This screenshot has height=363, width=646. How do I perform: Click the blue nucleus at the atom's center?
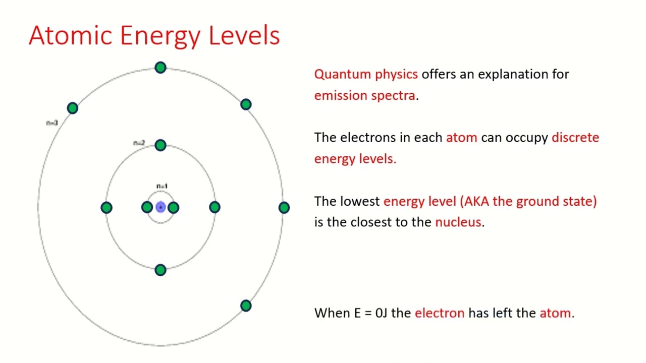tap(160, 207)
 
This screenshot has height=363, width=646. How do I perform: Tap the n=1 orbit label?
tap(161, 187)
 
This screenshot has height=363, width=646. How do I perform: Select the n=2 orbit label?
tap(139, 143)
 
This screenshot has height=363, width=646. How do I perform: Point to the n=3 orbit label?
tap(52, 123)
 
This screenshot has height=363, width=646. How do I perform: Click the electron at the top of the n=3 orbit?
tap(160, 68)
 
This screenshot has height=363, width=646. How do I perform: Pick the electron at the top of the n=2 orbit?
tap(160, 146)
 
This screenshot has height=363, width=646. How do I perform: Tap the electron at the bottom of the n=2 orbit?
tap(160, 270)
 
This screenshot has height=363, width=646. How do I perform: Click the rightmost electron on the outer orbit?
tap(284, 207)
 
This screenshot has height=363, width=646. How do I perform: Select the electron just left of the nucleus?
tap(147, 207)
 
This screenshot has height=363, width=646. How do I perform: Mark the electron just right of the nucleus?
tap(174, 207)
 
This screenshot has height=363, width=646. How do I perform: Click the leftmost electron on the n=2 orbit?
tap(106, 207)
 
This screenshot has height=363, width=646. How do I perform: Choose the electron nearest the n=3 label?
tap(73, 108)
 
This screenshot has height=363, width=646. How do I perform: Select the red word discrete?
tap(575, 138)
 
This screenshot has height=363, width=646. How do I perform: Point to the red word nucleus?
tap(458, 222)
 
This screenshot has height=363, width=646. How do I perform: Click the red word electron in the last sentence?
tap(439, 313)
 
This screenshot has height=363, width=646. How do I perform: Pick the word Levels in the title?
tap(244, 36)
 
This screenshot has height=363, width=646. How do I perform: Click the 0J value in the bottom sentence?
tap(381, 313)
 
